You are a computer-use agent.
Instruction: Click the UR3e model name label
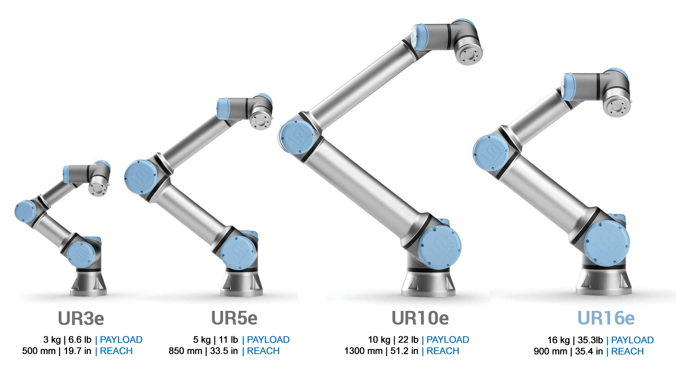(81, 318)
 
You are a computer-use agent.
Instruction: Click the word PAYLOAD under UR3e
(121, 340)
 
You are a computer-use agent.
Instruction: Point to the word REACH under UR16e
(627, 351)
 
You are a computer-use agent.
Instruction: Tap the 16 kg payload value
(559, 340)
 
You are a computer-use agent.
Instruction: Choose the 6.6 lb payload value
(80, 340)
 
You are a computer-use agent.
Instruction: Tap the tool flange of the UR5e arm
(260, 119)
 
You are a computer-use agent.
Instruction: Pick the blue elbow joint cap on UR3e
(25, 211)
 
